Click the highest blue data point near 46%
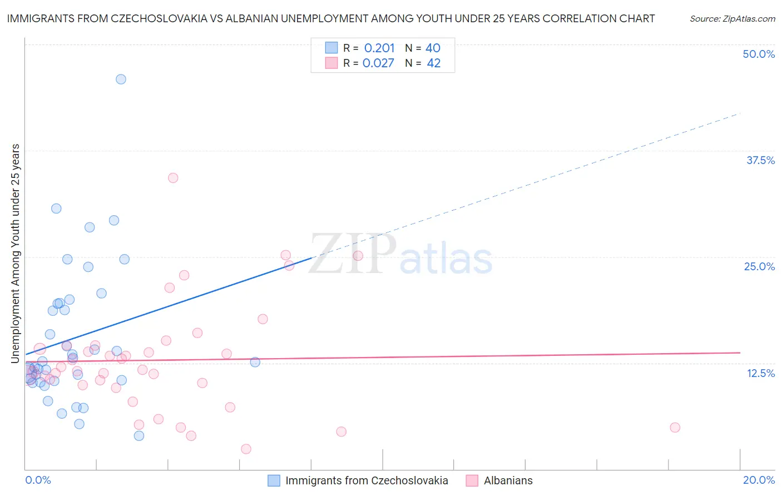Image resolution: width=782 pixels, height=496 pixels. pos(121,79)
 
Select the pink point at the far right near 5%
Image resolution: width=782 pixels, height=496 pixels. pos(675,427)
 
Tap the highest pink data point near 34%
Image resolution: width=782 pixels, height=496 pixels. pos(173,178)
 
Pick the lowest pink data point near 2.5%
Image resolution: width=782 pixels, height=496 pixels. pos(246,449)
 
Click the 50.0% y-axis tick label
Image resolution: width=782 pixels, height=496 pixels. pos(759,54)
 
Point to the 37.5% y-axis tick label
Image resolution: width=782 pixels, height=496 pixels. pos(760,160)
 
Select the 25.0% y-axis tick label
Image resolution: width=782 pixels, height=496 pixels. pos(759,266)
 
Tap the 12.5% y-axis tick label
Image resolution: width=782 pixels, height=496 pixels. pos(760,373)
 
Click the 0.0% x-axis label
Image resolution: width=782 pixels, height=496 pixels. pos(38,480)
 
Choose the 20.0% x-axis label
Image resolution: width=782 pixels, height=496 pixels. pos(759,480)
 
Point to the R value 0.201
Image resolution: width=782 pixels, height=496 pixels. pos(379,48)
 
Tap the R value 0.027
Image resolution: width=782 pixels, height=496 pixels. pos(378,63)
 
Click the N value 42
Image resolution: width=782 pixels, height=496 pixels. pos(433,63)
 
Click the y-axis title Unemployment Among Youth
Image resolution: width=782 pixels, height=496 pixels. pos(15,254)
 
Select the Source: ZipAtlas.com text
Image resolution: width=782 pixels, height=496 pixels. pos(732,18)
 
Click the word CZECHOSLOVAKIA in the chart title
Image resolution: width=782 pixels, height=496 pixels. pos(153,18)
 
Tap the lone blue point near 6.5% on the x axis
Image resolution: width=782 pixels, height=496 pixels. pos(255,362)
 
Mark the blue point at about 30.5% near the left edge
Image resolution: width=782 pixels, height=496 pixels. pos(56,209)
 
